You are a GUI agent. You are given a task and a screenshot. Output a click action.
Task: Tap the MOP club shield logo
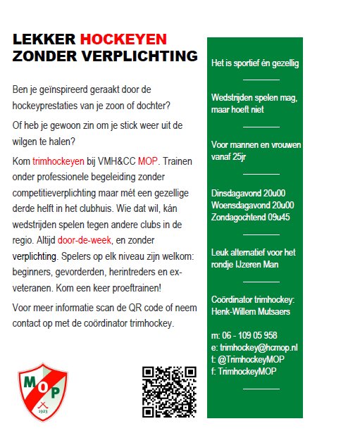(42, 392)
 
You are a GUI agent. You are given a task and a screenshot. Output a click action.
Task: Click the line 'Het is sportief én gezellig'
(255, 63)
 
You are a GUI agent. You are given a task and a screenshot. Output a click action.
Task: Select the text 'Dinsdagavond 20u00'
(247, 193)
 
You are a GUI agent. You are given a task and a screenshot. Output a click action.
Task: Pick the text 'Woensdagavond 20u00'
(252, 205)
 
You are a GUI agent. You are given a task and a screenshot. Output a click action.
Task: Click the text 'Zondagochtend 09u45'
(252, 217)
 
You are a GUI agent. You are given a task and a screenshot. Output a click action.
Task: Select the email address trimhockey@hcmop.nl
(259, 347)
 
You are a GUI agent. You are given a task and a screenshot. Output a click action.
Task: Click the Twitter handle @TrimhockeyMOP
(252, 358)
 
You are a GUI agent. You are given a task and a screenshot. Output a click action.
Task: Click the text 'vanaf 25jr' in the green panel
(231, 157)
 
